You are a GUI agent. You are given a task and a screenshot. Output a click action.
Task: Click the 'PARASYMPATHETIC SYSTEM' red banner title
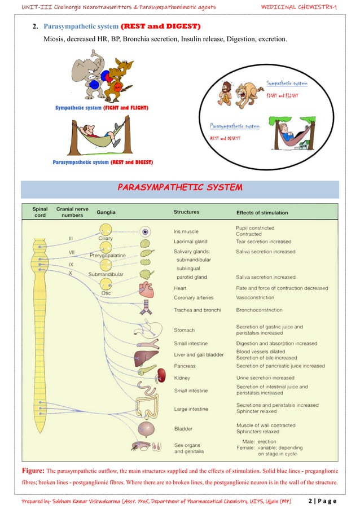(x=179, y=187)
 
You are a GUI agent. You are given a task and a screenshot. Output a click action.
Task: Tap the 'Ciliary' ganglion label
(x=106, y=238)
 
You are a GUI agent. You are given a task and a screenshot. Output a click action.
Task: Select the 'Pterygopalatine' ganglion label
(x=107, y=256)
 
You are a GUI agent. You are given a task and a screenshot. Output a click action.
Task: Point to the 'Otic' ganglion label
(x=106, y=293)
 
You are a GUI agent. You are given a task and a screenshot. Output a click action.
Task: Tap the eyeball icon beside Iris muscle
(x=146, y=231)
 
